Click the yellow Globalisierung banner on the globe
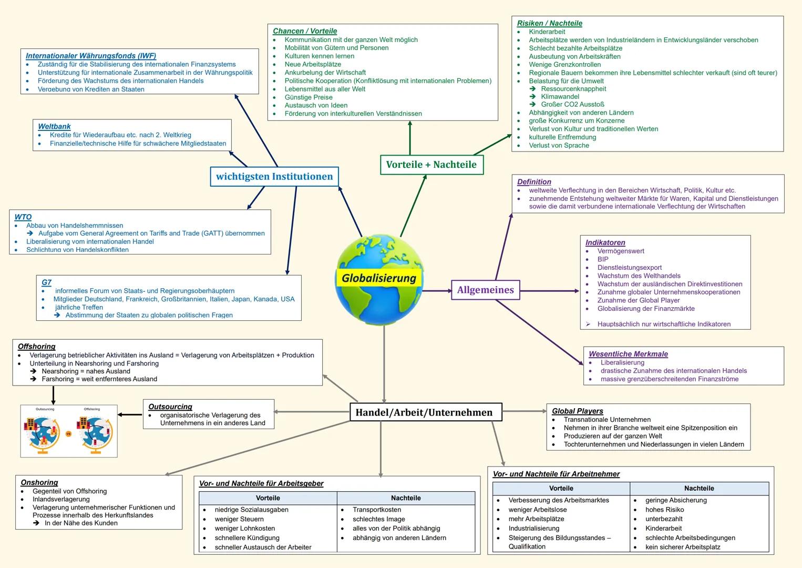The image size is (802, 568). click(x=378, y=278)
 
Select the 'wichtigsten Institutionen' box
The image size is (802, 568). click(x=274, y=177)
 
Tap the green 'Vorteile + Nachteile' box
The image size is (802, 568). click(x=431, y=165)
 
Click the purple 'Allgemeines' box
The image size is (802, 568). click(x=485, y=290)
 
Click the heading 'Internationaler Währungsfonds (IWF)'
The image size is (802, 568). click(x=91, y=56)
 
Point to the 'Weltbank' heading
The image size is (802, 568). click(x=54, y=126)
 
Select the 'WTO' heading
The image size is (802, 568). click(x=23, y=217)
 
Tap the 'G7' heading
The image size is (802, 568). click(x=46, y=282)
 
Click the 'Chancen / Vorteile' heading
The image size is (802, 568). click(x=305, y=31)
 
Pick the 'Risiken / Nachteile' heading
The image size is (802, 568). click(x=549, y=23)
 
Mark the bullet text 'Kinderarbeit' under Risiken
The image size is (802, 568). click(x=547, y=32)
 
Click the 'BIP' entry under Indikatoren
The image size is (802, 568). click(x=603, y=259)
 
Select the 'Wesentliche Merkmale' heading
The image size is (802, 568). click(x=628, y=354)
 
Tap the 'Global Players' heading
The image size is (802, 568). click(x=577, y=411)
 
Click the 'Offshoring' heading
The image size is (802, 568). click(x=36, y=347)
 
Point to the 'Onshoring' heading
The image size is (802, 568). click(x=39, y=482)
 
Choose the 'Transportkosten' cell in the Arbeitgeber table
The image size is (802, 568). click(x=377, y=510)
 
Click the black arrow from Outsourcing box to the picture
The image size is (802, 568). click(x=130, y=414)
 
